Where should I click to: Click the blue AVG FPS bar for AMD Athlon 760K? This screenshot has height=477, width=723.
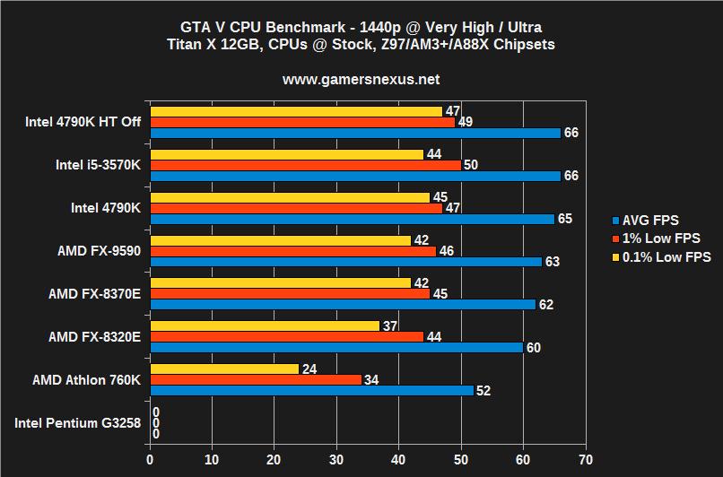click(x=311, y=390)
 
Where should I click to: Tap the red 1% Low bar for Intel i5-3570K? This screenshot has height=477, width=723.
click(x=305, y=165)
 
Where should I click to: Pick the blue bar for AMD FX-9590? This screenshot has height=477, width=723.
click(x=345, y=261)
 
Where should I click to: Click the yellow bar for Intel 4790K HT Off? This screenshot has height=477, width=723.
click(x=296, y=111)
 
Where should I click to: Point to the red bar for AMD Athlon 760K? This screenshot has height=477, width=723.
click(x=256, y=379)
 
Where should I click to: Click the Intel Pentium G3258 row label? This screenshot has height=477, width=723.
click(x=77, y=422)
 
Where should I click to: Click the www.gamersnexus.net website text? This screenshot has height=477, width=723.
click(x=361, y=80)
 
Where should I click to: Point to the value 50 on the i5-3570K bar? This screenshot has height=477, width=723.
click(x=471, y=165)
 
